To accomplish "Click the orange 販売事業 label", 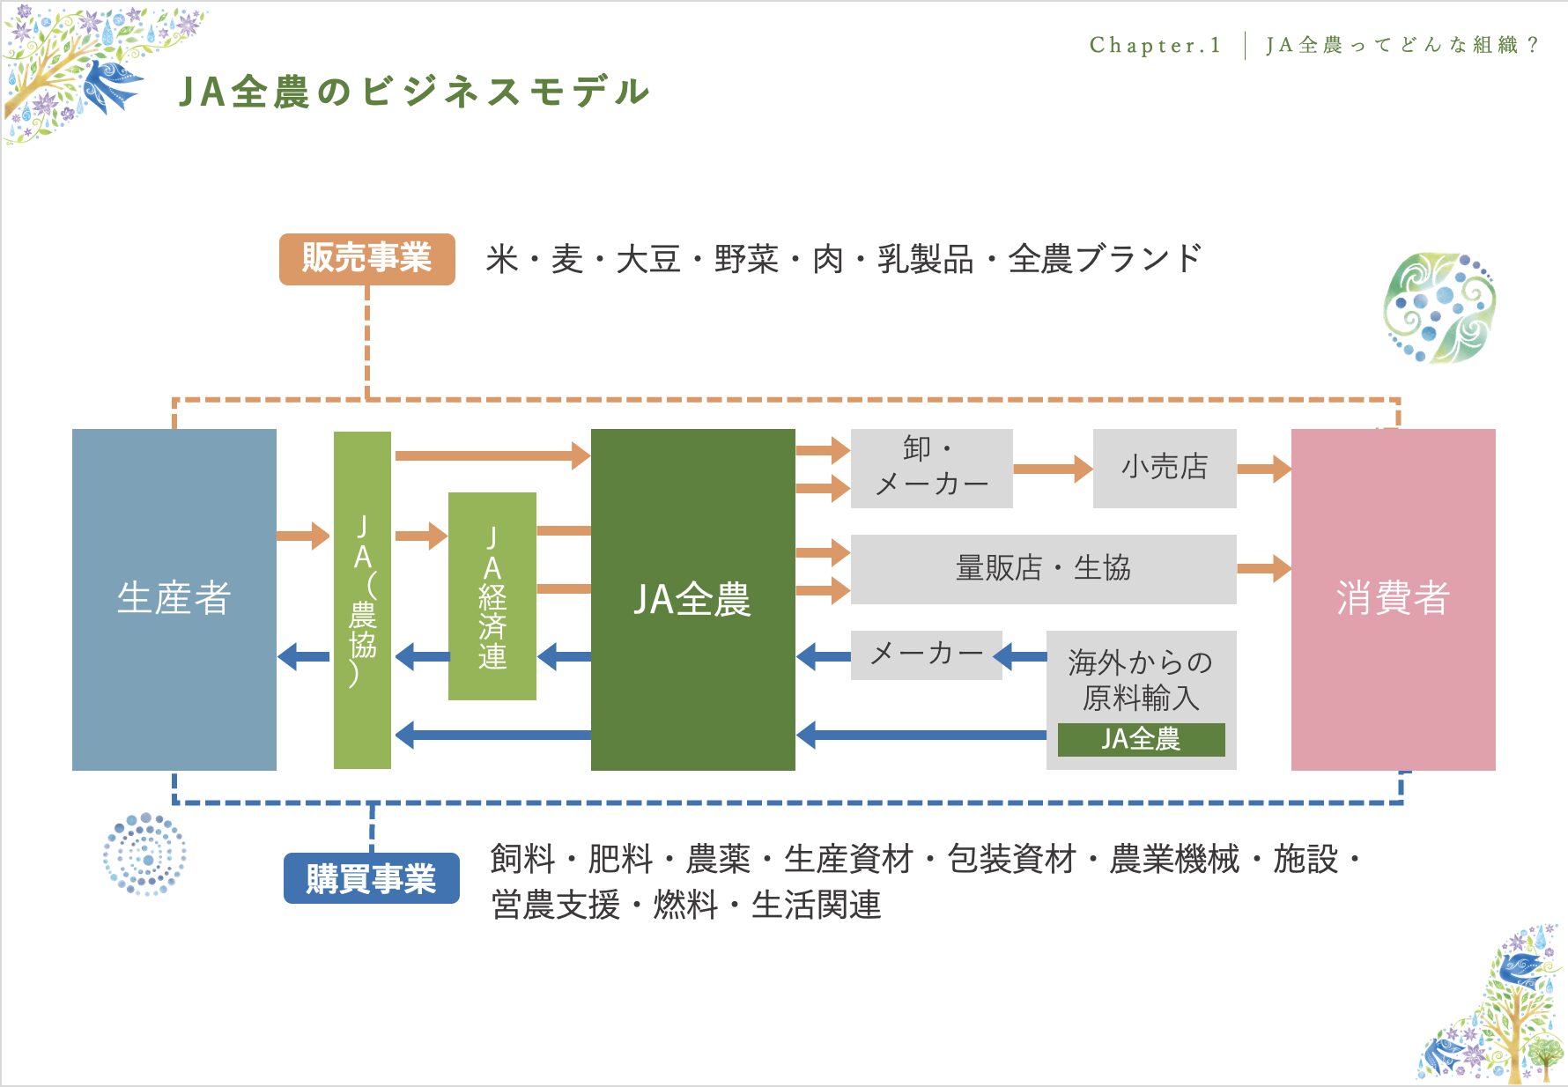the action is (366, 259).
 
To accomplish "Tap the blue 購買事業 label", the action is (371, 878).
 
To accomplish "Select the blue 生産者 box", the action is (174, 600).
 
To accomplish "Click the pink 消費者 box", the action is (1393, 600).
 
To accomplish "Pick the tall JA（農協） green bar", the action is (362, 600).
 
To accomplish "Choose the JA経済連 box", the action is (492, 596).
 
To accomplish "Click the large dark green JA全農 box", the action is (692, 600).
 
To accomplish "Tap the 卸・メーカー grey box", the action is (931, 469).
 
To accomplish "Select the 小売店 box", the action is (1165, 469).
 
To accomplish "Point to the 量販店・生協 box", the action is (1043, 569).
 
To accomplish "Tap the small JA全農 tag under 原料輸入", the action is (1141, 740).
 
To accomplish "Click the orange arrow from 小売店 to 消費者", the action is (1264, 469).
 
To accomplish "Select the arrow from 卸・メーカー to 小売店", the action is (1053, 469).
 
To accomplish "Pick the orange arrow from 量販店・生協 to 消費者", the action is (1264, 569).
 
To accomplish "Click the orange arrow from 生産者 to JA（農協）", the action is (303, 536).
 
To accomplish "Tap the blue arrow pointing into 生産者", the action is (303, 656).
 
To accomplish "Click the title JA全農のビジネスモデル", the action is (414, 92).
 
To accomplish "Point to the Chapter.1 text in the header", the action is (1155, 45).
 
